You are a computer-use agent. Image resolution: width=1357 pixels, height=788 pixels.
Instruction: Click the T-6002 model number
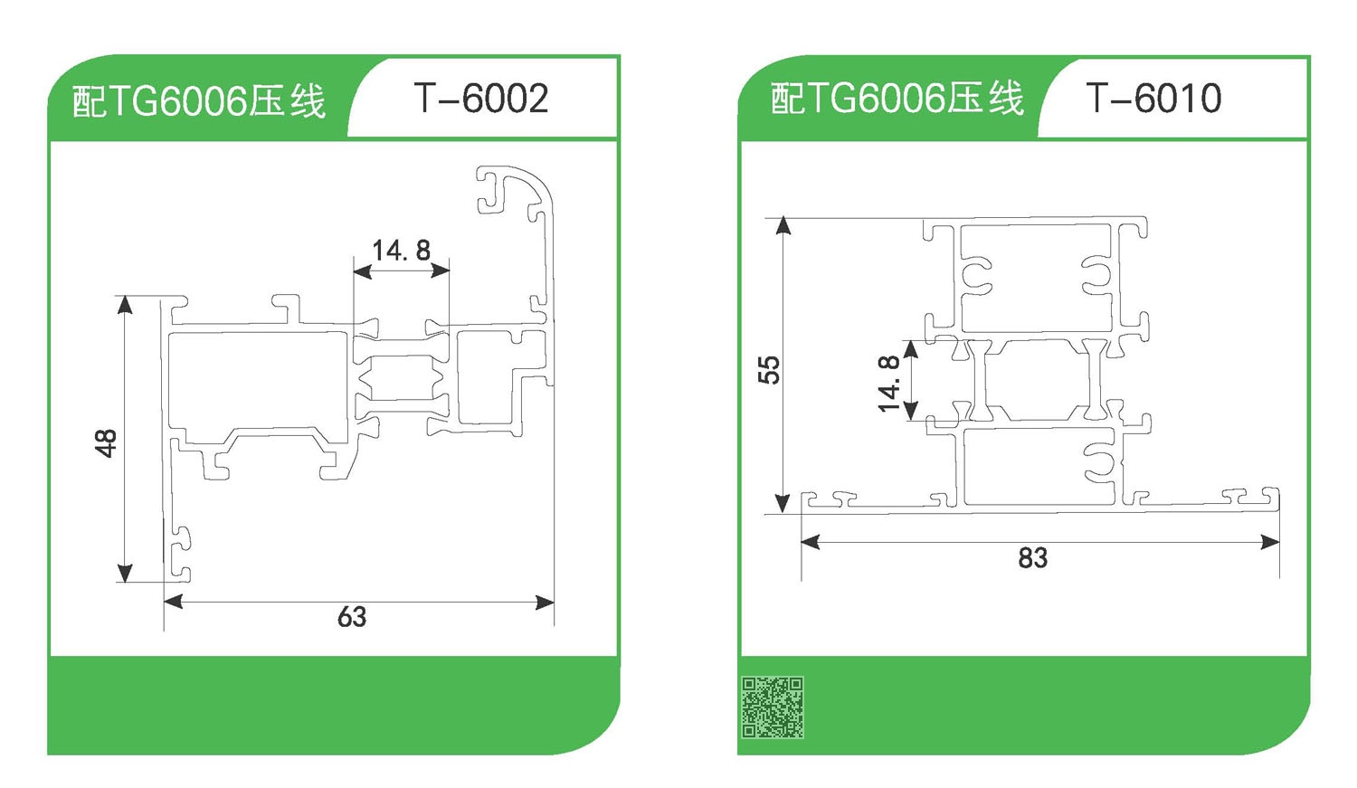tap(481, 98)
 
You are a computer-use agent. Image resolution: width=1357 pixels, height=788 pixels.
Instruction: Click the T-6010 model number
tap(1153, 98)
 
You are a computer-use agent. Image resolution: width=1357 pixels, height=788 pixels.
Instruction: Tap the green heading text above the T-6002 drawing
tap(199, 100)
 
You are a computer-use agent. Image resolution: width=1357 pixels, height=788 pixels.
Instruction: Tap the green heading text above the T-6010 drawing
tap(897, 98)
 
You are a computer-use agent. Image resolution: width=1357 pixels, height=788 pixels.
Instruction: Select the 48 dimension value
tap(106, 442)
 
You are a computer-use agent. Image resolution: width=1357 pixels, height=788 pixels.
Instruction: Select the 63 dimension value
tap(352, 617)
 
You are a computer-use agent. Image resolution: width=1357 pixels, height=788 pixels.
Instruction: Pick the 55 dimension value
tap(769, 369)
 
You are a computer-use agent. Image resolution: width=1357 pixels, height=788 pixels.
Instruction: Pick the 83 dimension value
tap(1033, 558)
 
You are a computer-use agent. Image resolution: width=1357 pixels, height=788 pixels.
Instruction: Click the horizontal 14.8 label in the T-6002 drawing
tap(401, 250)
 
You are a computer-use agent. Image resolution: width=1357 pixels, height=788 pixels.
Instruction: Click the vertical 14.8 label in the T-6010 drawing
tap(888, 384)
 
